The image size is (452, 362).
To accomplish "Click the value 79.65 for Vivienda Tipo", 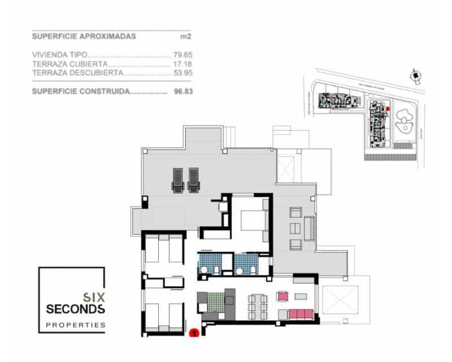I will (x=182, y=56).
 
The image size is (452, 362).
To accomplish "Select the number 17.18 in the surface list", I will (x=182, y=64).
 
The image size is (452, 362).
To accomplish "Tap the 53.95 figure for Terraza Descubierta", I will (x=182, y=73).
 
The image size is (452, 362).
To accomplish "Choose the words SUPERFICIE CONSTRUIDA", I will (x=81, y=90).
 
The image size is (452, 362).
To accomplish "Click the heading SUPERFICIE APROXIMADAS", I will (x=84, y=36).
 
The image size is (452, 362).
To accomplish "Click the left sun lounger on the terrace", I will (x=177, y=179).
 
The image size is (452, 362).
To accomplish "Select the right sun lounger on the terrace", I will (x=194, y=179).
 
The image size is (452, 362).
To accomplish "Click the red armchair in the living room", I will (x=282, y=295).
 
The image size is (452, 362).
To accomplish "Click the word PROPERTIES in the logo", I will (x=75, y=325).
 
